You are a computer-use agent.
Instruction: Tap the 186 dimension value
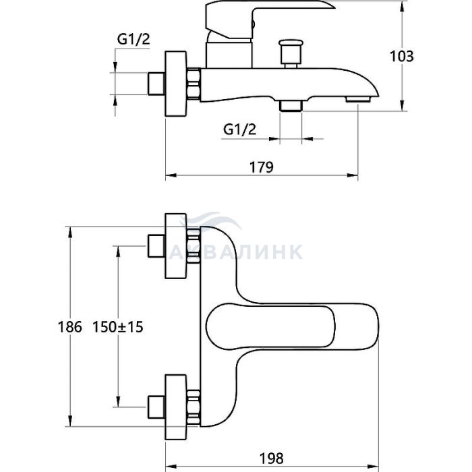[69, 327]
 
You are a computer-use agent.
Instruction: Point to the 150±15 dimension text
[123, 327]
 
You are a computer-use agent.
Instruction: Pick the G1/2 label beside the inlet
[133, 40]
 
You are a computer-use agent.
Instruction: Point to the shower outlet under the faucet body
[291, 105]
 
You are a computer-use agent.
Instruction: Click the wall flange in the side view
[177, 83]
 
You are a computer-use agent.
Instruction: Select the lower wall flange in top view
[177, 405]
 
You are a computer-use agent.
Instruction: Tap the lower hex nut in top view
[195, 405]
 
